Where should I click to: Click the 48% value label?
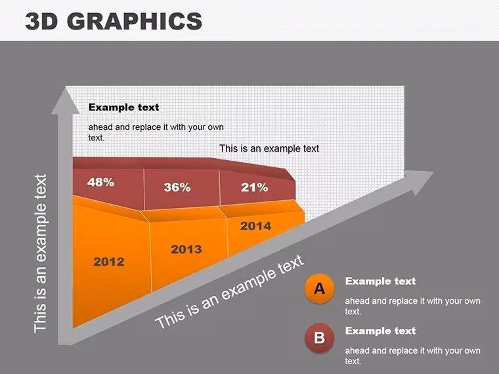(x=101, y=182)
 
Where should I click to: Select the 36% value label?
(x=177, y=187)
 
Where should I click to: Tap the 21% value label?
(x=254, y=188)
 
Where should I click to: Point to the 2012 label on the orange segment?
(x=109, y=262)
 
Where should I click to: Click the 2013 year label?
(x=186, y=249)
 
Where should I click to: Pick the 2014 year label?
(x=255, y=226)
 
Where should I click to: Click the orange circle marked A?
(x=319, y=289)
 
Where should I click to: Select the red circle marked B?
(x=319, y=338)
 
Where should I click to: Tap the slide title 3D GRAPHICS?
(x=114, y=21)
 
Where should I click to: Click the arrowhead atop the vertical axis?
(x=65, y=102)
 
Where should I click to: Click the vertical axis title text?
(x=41, y=253)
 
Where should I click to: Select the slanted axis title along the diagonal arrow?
(x=230, y=292)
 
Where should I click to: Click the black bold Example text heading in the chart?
(x=124, y=107)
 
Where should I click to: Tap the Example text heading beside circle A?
(x=381, y=281)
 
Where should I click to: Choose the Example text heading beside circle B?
(x=381, y=331)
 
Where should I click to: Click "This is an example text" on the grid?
(x=269, y=148)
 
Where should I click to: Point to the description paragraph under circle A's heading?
(x=413, y=306)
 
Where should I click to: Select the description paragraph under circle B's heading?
(x=413, y=356)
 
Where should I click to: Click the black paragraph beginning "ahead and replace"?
(x=156, y=132)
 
